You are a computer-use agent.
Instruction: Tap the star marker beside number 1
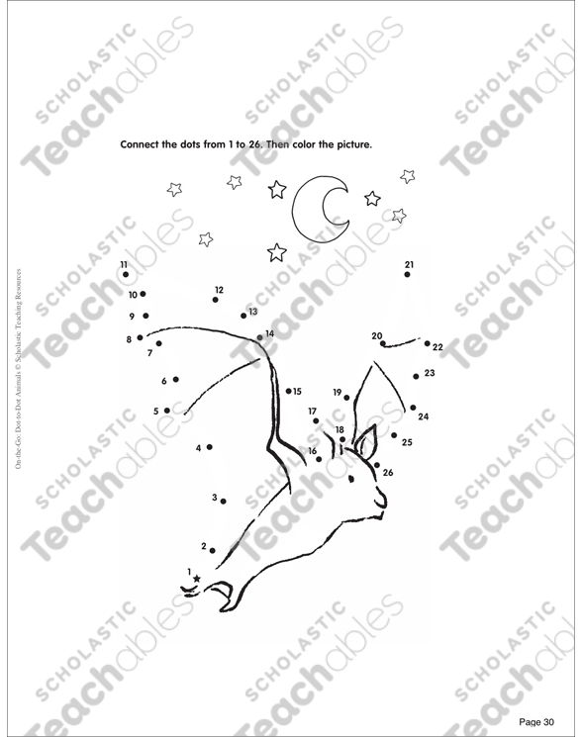point(197,579)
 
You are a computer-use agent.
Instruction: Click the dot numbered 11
point(126,274)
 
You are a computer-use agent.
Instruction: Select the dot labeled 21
point(407,274)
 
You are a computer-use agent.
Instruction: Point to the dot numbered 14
point(259,337)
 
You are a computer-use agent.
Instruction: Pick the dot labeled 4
point(209,447)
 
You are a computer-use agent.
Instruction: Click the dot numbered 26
point(377,465)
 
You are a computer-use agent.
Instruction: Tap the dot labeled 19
point(347,398)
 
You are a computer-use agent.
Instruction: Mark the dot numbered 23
point(416,377)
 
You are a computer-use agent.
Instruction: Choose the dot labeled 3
point(224,502)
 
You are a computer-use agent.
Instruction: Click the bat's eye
point(350,479)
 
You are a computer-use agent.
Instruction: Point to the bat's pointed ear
point(366,443)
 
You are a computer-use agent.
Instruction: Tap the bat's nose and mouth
point(381,502)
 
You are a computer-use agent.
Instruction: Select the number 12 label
point(219,290)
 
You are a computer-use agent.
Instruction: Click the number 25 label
point(407,442)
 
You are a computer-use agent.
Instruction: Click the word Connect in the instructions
point(140,144)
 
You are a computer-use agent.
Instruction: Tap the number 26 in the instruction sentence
point(254,144)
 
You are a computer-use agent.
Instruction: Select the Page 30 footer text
point(536,722)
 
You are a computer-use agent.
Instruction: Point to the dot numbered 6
point(176,379)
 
